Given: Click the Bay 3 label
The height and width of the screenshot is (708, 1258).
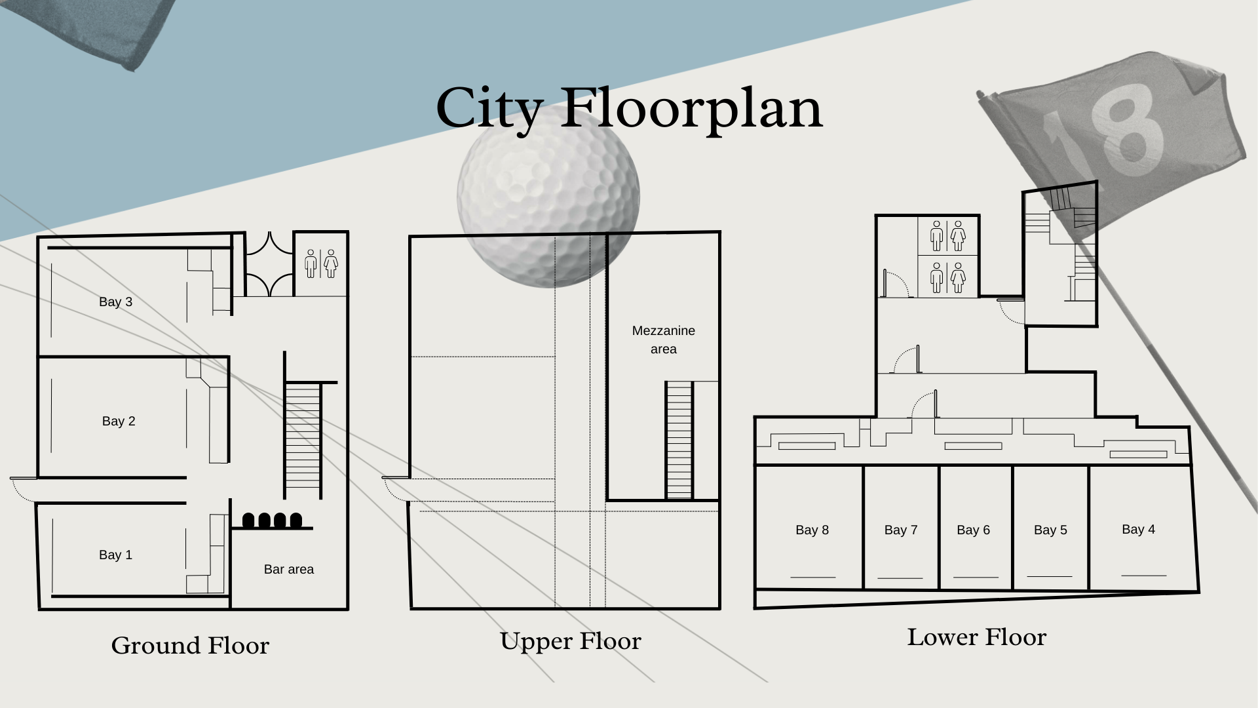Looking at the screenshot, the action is pos(115,302).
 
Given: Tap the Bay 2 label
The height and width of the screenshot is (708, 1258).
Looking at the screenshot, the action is pos(119,421).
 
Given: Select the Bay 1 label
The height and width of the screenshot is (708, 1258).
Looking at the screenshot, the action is pos(115,555).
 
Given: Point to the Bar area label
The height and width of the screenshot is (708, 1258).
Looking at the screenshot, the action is pos(288,569).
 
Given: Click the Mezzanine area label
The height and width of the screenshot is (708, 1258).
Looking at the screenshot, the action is pos(663,340).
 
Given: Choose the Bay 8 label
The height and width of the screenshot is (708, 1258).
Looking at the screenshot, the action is pos(812,530).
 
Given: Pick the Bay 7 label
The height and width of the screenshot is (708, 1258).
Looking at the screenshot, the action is pos(900,530).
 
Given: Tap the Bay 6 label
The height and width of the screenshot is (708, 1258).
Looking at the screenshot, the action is pos(973,530).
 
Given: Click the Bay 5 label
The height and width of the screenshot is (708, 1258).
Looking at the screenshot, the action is pos(1050,530).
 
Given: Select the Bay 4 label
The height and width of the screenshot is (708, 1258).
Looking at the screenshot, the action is pos(1138,529).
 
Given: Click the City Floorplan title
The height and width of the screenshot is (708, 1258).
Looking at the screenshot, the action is pos(629,109).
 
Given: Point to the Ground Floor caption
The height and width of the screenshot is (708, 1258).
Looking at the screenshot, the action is pos(190,646).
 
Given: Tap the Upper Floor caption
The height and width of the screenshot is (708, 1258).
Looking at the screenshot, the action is pos(570,641).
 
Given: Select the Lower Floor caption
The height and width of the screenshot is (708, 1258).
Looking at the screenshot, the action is pos(976,637).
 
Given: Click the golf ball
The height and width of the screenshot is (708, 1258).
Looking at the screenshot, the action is pos(548,197).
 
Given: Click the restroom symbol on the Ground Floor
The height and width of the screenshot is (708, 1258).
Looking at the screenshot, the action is pos(321,263).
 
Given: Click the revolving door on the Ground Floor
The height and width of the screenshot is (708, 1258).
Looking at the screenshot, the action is pos(269,264).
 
